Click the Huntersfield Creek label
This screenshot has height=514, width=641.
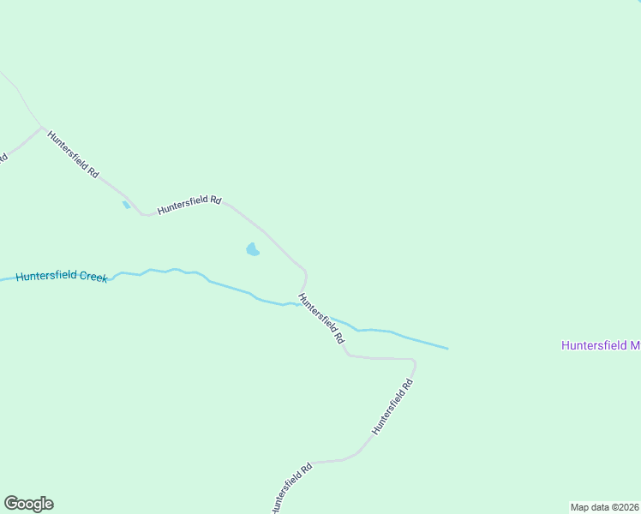tap(62, 277)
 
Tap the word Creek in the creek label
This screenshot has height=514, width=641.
tap(93, 277)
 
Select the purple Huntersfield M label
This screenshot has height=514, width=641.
tap(601, 346)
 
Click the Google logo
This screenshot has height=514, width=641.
tap(28, 504)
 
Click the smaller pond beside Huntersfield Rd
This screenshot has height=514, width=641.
tap(127, 205)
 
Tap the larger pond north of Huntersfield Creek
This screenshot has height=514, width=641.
tap(252, 249)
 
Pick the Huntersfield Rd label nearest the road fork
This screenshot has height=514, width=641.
tap(73, 154)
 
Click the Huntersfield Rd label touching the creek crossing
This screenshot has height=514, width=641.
tap(321, 319)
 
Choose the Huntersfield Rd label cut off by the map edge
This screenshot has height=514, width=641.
tap(291, 490)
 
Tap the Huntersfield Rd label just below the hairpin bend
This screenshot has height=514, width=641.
tap(393, 406)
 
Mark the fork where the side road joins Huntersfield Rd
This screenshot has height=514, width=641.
tap(41, 128)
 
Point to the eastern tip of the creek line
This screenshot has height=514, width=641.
tap(447, 349)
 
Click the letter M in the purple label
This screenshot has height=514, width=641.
tap(635, 346)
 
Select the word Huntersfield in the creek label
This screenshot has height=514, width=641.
tap(46, 277)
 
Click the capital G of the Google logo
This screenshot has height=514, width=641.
tap(11, 503)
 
